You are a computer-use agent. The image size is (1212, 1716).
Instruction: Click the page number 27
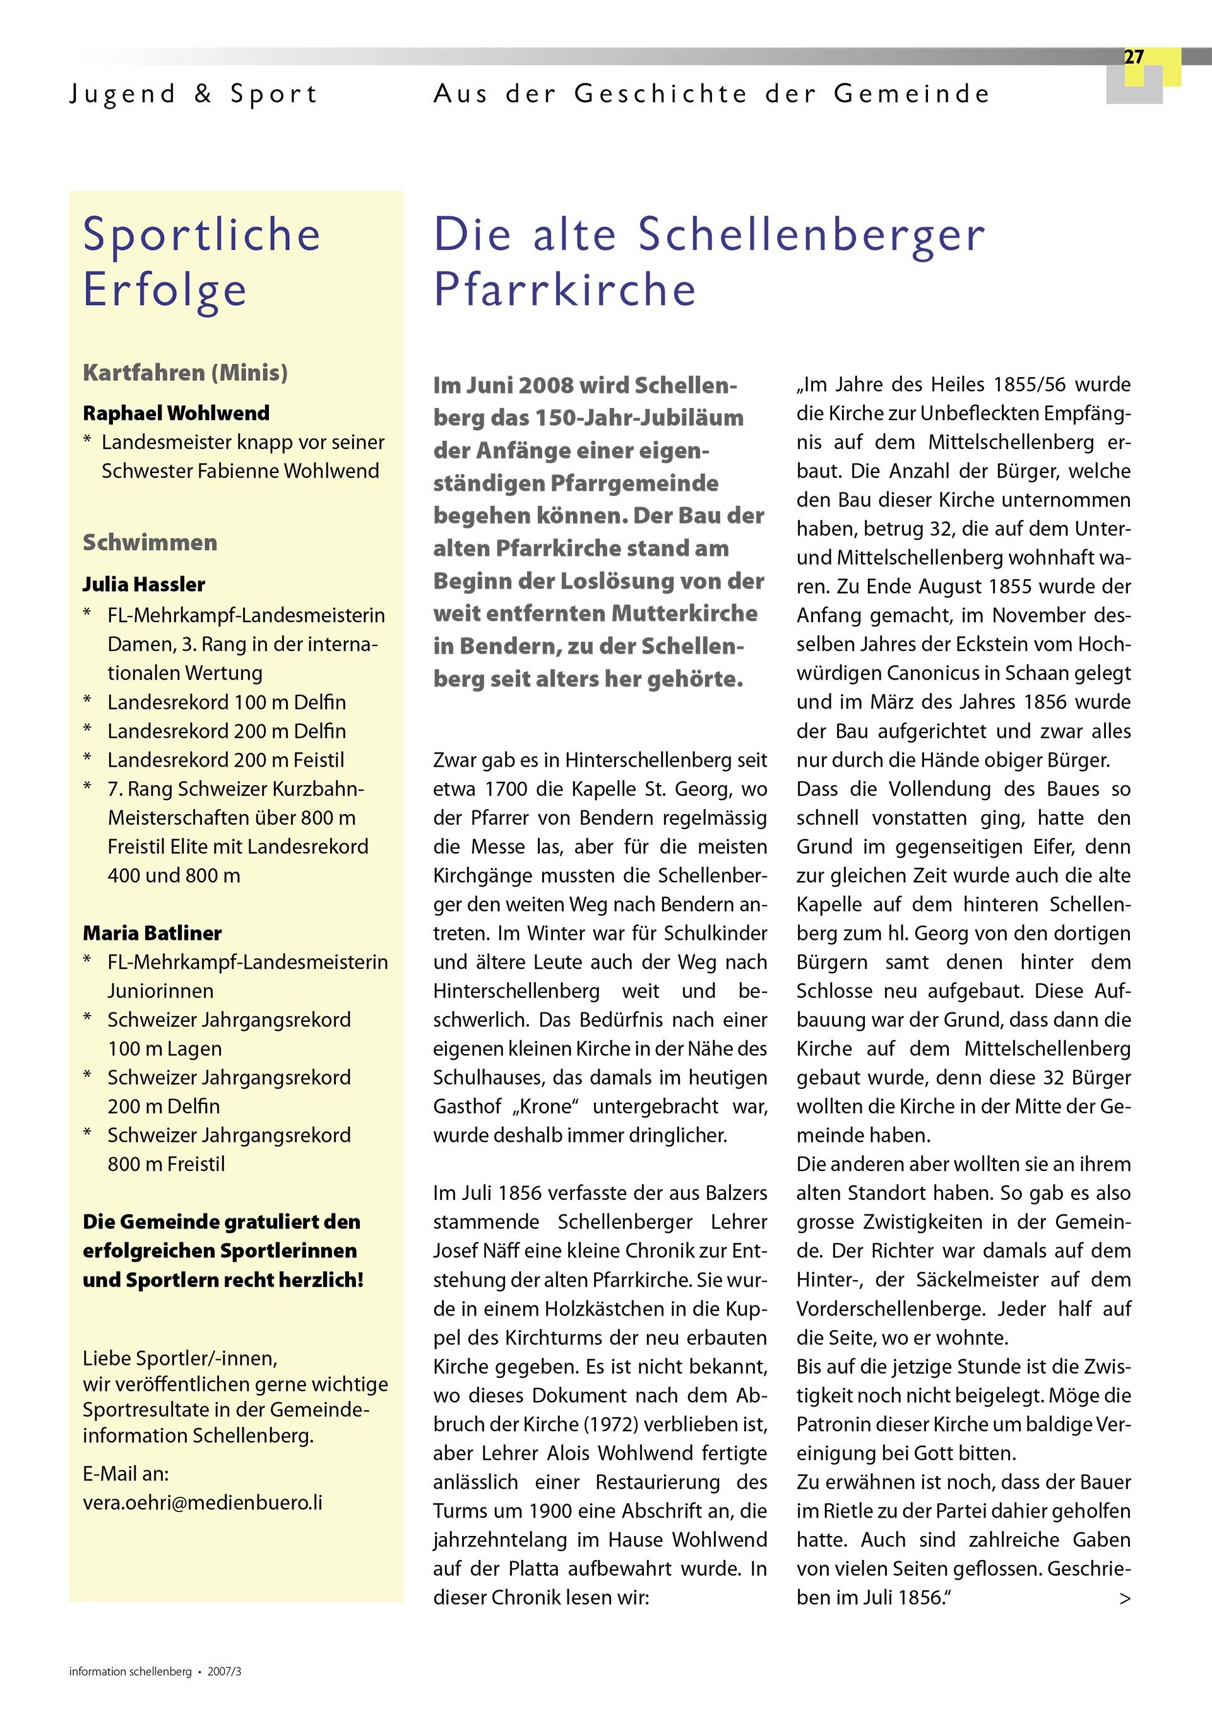click(1133, 57)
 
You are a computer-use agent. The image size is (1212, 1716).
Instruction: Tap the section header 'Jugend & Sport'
click(194, 94)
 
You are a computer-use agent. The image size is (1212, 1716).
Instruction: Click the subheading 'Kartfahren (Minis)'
click(186, 372)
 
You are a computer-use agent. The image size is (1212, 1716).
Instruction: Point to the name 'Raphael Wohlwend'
click(175, 412)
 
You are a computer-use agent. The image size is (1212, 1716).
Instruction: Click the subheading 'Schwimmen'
click(150, 542)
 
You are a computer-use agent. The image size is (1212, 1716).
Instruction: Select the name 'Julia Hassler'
click(143, 584)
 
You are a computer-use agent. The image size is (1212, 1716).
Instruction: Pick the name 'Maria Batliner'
click(151, 933)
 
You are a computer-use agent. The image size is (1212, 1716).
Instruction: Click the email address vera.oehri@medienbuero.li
click(202, 1503)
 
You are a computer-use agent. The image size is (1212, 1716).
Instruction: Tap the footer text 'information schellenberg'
click(130, 1672)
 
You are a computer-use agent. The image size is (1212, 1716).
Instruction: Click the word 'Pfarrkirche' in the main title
click(564, 290)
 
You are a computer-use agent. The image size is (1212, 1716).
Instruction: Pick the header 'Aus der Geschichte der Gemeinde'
click(711, 94)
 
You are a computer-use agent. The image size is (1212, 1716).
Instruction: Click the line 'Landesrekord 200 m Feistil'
click(225, 760)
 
